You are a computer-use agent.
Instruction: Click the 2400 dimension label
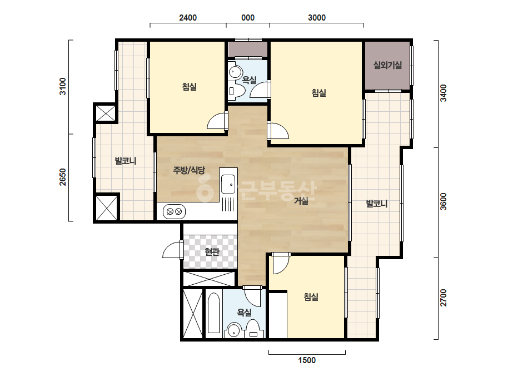(x=188, y=18)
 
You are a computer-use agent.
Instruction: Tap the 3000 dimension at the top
(x=317, y=18)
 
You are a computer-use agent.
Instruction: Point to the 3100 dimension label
(x=62, y=86)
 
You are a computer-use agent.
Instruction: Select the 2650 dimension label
(x=62, y=177)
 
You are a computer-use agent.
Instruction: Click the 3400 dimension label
(x=444, y=93)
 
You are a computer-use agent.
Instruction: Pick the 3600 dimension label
(x=444, y=202)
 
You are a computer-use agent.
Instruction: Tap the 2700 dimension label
(x=444, y=298)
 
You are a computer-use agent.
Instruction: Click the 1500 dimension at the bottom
(x=307, y=360)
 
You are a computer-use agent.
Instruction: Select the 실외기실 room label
(x=388, y=65)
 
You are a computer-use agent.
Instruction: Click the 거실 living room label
(x=301, y=201)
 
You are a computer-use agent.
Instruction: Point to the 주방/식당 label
(x=189, y=170)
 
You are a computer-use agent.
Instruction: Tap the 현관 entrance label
(x=212, y=252)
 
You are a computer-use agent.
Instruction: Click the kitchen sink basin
(x=228, y=185)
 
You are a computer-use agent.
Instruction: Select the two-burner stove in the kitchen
(x=174, y=211)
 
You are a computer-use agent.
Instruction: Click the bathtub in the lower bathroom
(x=213, y=313)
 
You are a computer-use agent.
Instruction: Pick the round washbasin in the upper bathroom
(x=235, y=72)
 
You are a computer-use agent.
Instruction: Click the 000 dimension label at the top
(x=248, y=18)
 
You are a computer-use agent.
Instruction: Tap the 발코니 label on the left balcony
(x=125, y=161)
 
